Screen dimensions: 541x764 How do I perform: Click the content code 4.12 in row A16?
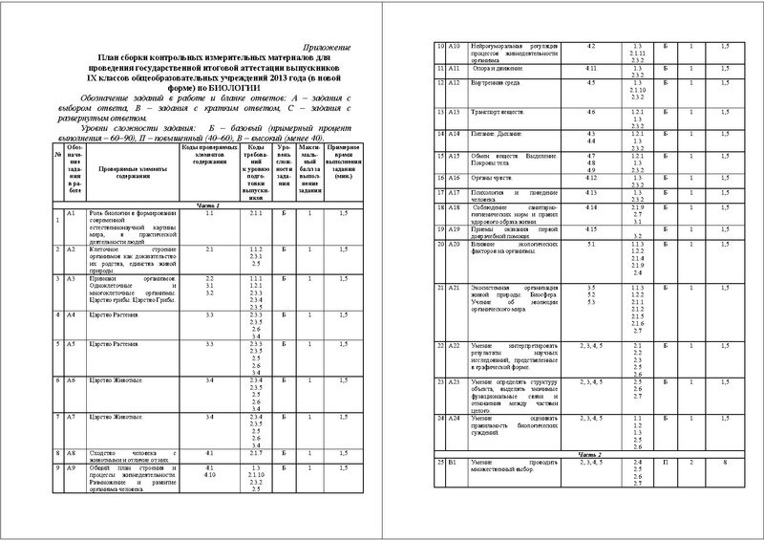click(x=591, y=178)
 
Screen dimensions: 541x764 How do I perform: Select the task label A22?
click(x=455, y=343)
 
